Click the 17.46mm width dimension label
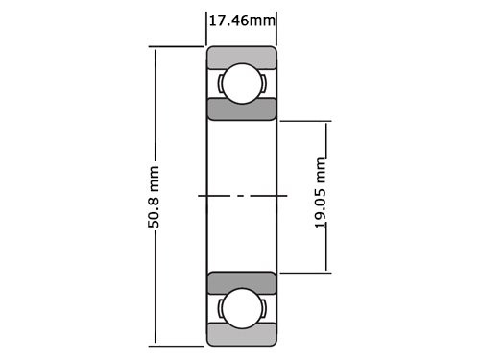tap(242, 18)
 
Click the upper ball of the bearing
tap(242, 83)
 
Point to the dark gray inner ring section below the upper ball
tap(242, 108)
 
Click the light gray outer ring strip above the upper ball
tap(242, 57)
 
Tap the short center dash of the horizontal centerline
tap(242, 196)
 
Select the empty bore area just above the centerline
tap(242, 163)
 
